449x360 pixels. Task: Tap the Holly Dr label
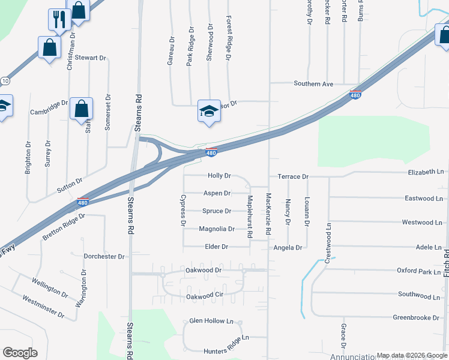point(219,176)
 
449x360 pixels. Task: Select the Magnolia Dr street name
point(216,229)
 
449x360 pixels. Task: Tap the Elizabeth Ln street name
point(426,172)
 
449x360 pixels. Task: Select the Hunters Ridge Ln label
point(218,339)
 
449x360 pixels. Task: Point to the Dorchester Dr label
point(104,256)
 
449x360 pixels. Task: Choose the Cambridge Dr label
point(49,108)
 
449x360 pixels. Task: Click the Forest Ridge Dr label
point(229,38)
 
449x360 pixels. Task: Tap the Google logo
point(20,353)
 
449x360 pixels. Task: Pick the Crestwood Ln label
point(328,242)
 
